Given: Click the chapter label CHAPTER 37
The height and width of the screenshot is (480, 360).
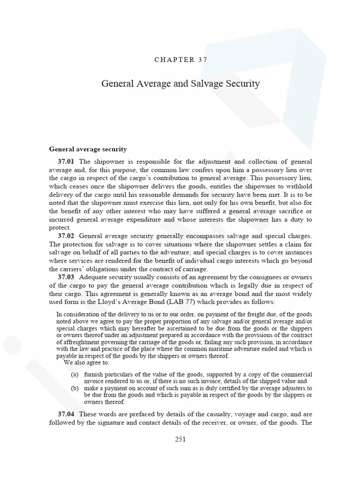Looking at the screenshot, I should (x=180, y=60).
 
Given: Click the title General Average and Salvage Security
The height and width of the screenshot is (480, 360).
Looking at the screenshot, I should (x=180, y=84).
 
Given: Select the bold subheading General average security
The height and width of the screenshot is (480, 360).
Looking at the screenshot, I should (x=88, y=149).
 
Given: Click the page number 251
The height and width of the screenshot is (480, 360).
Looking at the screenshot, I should (x=180, y=439).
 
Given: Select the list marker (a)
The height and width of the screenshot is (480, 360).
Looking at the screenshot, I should (x=75, y=375).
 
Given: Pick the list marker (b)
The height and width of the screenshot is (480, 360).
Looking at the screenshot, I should (x=75, y=388).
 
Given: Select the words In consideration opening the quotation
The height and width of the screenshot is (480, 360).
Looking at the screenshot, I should (x=77, y=314).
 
